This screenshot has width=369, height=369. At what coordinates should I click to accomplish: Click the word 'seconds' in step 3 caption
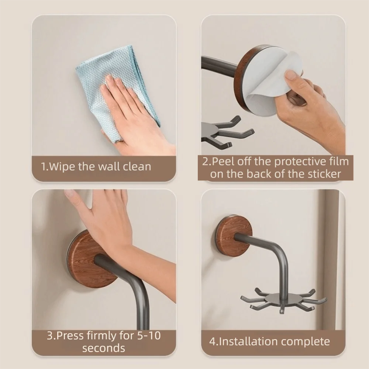coord(104,348)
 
